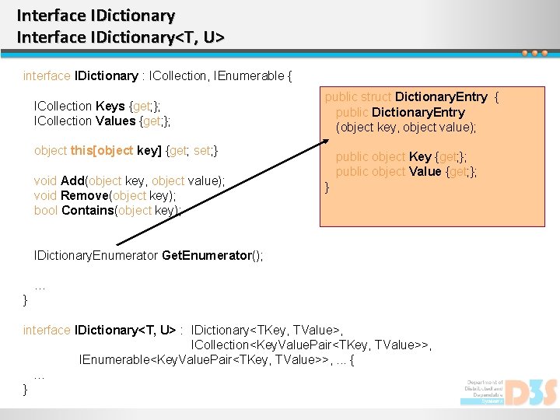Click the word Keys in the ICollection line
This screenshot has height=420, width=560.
pos(111,106)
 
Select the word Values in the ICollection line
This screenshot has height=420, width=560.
pos(117,121)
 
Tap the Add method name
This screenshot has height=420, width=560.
pos(73,180)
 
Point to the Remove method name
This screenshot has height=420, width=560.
pos(85,195)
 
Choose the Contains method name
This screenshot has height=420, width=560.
pos(87,211)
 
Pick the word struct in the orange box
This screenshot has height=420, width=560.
pos(376,97)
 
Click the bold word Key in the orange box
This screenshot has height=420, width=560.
pos(420,156)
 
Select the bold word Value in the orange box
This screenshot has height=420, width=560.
pos(425,171)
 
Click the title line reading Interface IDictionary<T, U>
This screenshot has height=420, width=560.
pos(121,37)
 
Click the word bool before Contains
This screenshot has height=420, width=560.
pos(46,211)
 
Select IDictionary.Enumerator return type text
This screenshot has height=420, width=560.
pos(96,255)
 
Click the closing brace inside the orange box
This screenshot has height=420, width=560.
pos(327,187)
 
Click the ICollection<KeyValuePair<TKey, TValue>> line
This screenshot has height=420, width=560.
pos(311,345)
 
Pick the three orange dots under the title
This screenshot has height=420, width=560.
pos(534,53)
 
